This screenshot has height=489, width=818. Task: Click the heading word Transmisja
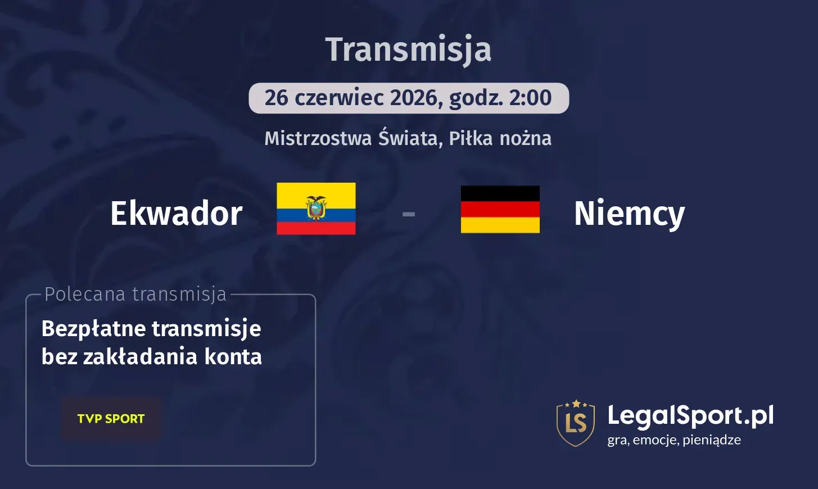(408, 49)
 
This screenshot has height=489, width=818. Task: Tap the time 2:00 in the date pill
(530, 98)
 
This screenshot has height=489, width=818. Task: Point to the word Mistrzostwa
(318, 138)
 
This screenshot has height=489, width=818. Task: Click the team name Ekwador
(177, 214)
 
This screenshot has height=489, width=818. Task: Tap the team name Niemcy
(629, 214)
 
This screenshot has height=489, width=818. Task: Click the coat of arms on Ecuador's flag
(316, 207)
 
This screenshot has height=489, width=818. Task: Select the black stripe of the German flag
(500, 193)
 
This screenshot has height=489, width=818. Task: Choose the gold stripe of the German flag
(500, 225)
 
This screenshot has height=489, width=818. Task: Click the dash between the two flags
(409, 214)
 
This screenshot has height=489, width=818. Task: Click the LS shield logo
(576, 423)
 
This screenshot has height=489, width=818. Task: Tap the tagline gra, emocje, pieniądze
(674, 440)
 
